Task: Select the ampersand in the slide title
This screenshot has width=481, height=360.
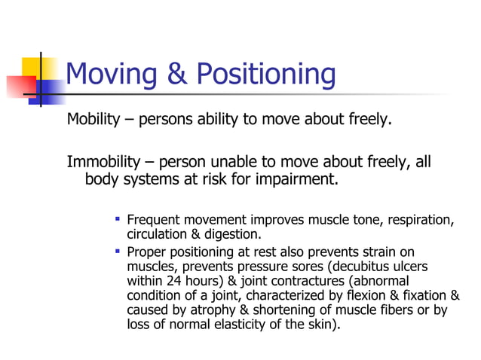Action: pyautogui.click(x=176, y=75)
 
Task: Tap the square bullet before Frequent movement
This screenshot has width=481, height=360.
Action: pyautogui.click(x=117, y=218)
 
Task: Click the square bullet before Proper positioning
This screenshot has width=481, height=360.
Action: pyautogui.click(x=117, y=251)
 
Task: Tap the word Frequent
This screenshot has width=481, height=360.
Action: pyautogui.click(x=155, y=220)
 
